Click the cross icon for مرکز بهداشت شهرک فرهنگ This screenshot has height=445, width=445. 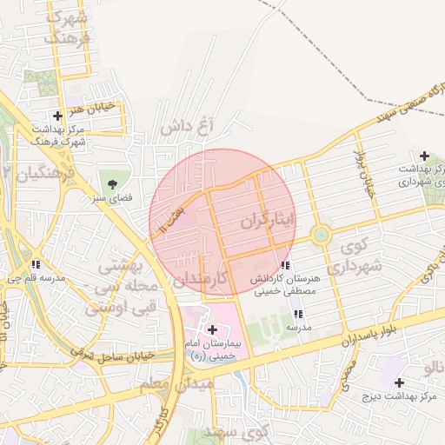point(57,116)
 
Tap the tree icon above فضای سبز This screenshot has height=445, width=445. point(113,183)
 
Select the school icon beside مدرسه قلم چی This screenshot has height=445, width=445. point(36,264)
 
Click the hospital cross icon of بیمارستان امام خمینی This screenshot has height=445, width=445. point(213,329)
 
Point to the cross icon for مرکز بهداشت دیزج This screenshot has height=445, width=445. point(399,382)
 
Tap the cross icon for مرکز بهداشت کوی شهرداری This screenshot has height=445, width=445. point(423,155)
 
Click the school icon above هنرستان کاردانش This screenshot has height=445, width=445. point(285,265)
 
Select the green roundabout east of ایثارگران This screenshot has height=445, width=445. point(322,233)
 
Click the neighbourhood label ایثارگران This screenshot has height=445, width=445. point(270,221)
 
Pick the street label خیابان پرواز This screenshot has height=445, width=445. point(362,174)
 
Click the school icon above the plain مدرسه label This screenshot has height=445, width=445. point(298,314)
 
